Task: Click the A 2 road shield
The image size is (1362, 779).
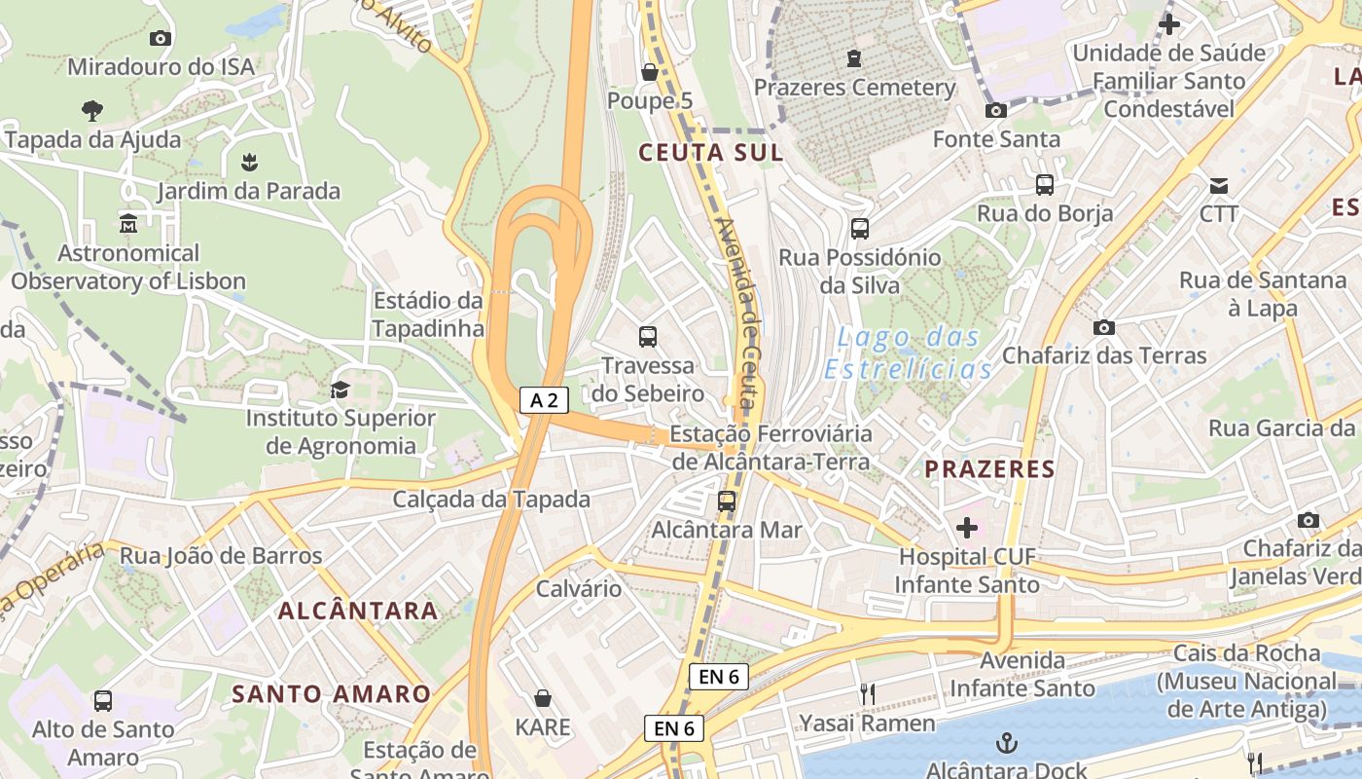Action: pos(544,400)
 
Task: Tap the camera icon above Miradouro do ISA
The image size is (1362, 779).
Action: pos(161,38)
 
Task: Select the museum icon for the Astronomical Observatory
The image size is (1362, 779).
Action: pos(127,225)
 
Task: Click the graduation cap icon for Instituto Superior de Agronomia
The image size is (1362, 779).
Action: pos(340,390)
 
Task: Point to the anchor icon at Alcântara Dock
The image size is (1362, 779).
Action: pos(1007,744)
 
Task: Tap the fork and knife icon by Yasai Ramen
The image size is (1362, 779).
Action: pos(867,694)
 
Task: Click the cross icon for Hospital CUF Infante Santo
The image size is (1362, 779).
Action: pos(967,528)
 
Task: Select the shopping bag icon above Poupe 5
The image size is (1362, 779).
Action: pos(650,72)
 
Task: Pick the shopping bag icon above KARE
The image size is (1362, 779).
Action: pos(543,698)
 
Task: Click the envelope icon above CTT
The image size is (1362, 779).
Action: pos(1218,185)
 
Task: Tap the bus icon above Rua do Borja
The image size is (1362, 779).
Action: pos(1045,184)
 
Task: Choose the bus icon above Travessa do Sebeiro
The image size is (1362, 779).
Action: pos(648,337)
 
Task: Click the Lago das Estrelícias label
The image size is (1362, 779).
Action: pos(909,353)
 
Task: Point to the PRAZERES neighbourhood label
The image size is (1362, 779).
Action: pos(989,469)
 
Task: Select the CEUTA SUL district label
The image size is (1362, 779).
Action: pos(710,153)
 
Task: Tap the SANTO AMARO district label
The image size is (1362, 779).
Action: pos(331,694)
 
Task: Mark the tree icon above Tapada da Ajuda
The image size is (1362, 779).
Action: pos(92,110)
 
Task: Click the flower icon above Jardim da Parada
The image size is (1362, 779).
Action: pos(250,161)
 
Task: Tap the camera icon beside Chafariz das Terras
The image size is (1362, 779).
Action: pos(1104,327)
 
